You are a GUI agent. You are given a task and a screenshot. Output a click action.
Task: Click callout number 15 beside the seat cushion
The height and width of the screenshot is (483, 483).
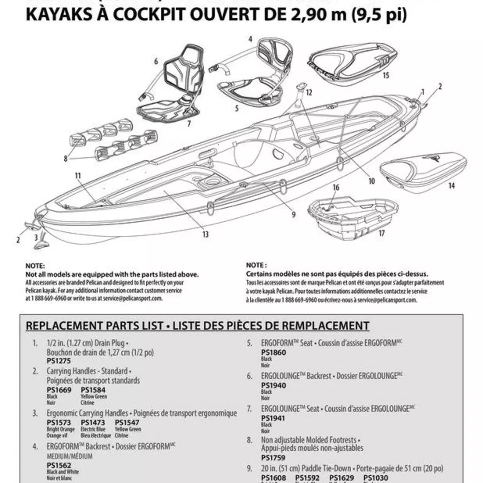(x=385, y=75)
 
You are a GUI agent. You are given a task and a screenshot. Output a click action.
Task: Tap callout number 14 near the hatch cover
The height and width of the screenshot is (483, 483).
(x=452, y=185)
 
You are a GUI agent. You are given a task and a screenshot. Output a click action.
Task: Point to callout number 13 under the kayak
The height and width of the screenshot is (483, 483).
(x=205, y=235)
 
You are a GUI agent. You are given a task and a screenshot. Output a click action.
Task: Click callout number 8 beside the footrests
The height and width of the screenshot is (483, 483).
(x=66, y=157)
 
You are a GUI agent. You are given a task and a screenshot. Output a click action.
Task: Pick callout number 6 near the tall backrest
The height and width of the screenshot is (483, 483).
(x=156, y=62)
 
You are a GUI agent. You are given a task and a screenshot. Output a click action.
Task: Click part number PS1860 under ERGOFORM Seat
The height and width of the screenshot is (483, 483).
(x=273, y=353)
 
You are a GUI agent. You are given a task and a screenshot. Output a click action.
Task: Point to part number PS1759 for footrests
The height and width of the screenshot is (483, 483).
(x=273, y=457)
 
